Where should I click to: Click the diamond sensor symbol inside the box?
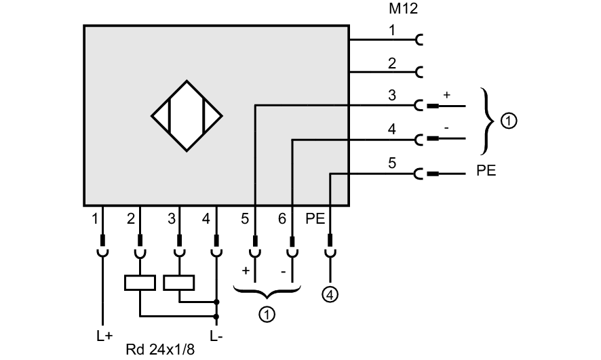tap(187, 116)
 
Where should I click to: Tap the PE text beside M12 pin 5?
tap(486, 171)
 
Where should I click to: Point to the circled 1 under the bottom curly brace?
tap(267, 314)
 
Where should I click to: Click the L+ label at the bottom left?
tap(104, 336)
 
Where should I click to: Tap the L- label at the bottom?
tap(216, 336)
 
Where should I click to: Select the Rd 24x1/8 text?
tap(160, 350)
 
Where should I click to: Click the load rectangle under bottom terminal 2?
tap(140, 282)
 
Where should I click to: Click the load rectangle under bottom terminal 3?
tap(179, 282)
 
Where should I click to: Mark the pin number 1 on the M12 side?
tap(392, 30)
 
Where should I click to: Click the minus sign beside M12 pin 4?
tap(446, 128)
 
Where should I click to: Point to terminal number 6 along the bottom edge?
tap(282, 219)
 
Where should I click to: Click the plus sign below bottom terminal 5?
tap(246, 271)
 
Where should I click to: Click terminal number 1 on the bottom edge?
tap(95, 219)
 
